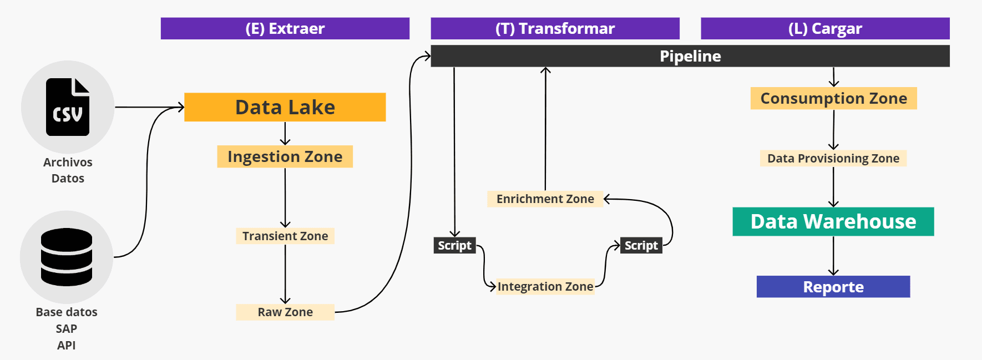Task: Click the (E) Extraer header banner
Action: pos(285,28)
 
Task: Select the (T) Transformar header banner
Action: pos(555,28)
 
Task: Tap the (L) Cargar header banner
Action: pos(825,28)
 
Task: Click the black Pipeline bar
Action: pos(690,56)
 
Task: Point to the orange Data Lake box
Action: pos(285,107)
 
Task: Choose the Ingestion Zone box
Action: pos(285,156)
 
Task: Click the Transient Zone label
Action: pos(285,236)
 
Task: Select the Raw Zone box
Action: pos(285,312)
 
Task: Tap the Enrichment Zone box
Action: pos(545,199)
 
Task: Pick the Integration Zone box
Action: pos(545,286)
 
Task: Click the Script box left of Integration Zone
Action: pos(454,245)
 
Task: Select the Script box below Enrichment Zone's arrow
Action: pos(641,245)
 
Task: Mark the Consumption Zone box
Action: pos(833,98)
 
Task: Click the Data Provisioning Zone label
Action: pos(833,158)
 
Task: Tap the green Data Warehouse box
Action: pos(833,221)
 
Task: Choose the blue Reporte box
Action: pos(833,287)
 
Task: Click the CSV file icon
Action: pos(68,107)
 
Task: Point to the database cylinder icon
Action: pos(67,257)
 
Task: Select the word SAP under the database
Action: pos(67,328)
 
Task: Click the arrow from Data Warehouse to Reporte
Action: pos(833,256)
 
